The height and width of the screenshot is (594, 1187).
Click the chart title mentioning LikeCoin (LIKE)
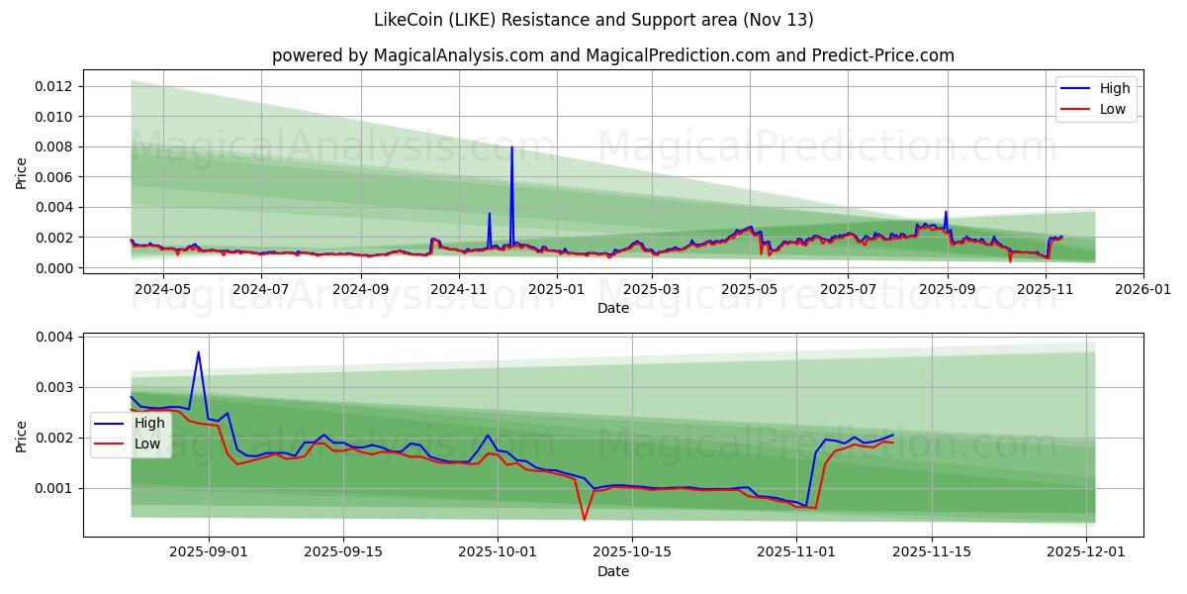(593, 20)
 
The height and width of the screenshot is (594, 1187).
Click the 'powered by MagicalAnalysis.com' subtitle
(613, 55)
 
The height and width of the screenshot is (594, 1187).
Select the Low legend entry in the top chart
(1112, 109)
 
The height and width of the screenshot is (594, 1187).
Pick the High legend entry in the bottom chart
(149, 423)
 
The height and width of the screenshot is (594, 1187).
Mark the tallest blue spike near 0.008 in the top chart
(511, 148)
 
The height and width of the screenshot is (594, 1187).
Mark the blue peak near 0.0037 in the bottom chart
(198, 352)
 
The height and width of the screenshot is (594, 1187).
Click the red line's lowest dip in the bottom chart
(584, 519)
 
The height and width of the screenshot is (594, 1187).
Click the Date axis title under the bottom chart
(613, 571)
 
